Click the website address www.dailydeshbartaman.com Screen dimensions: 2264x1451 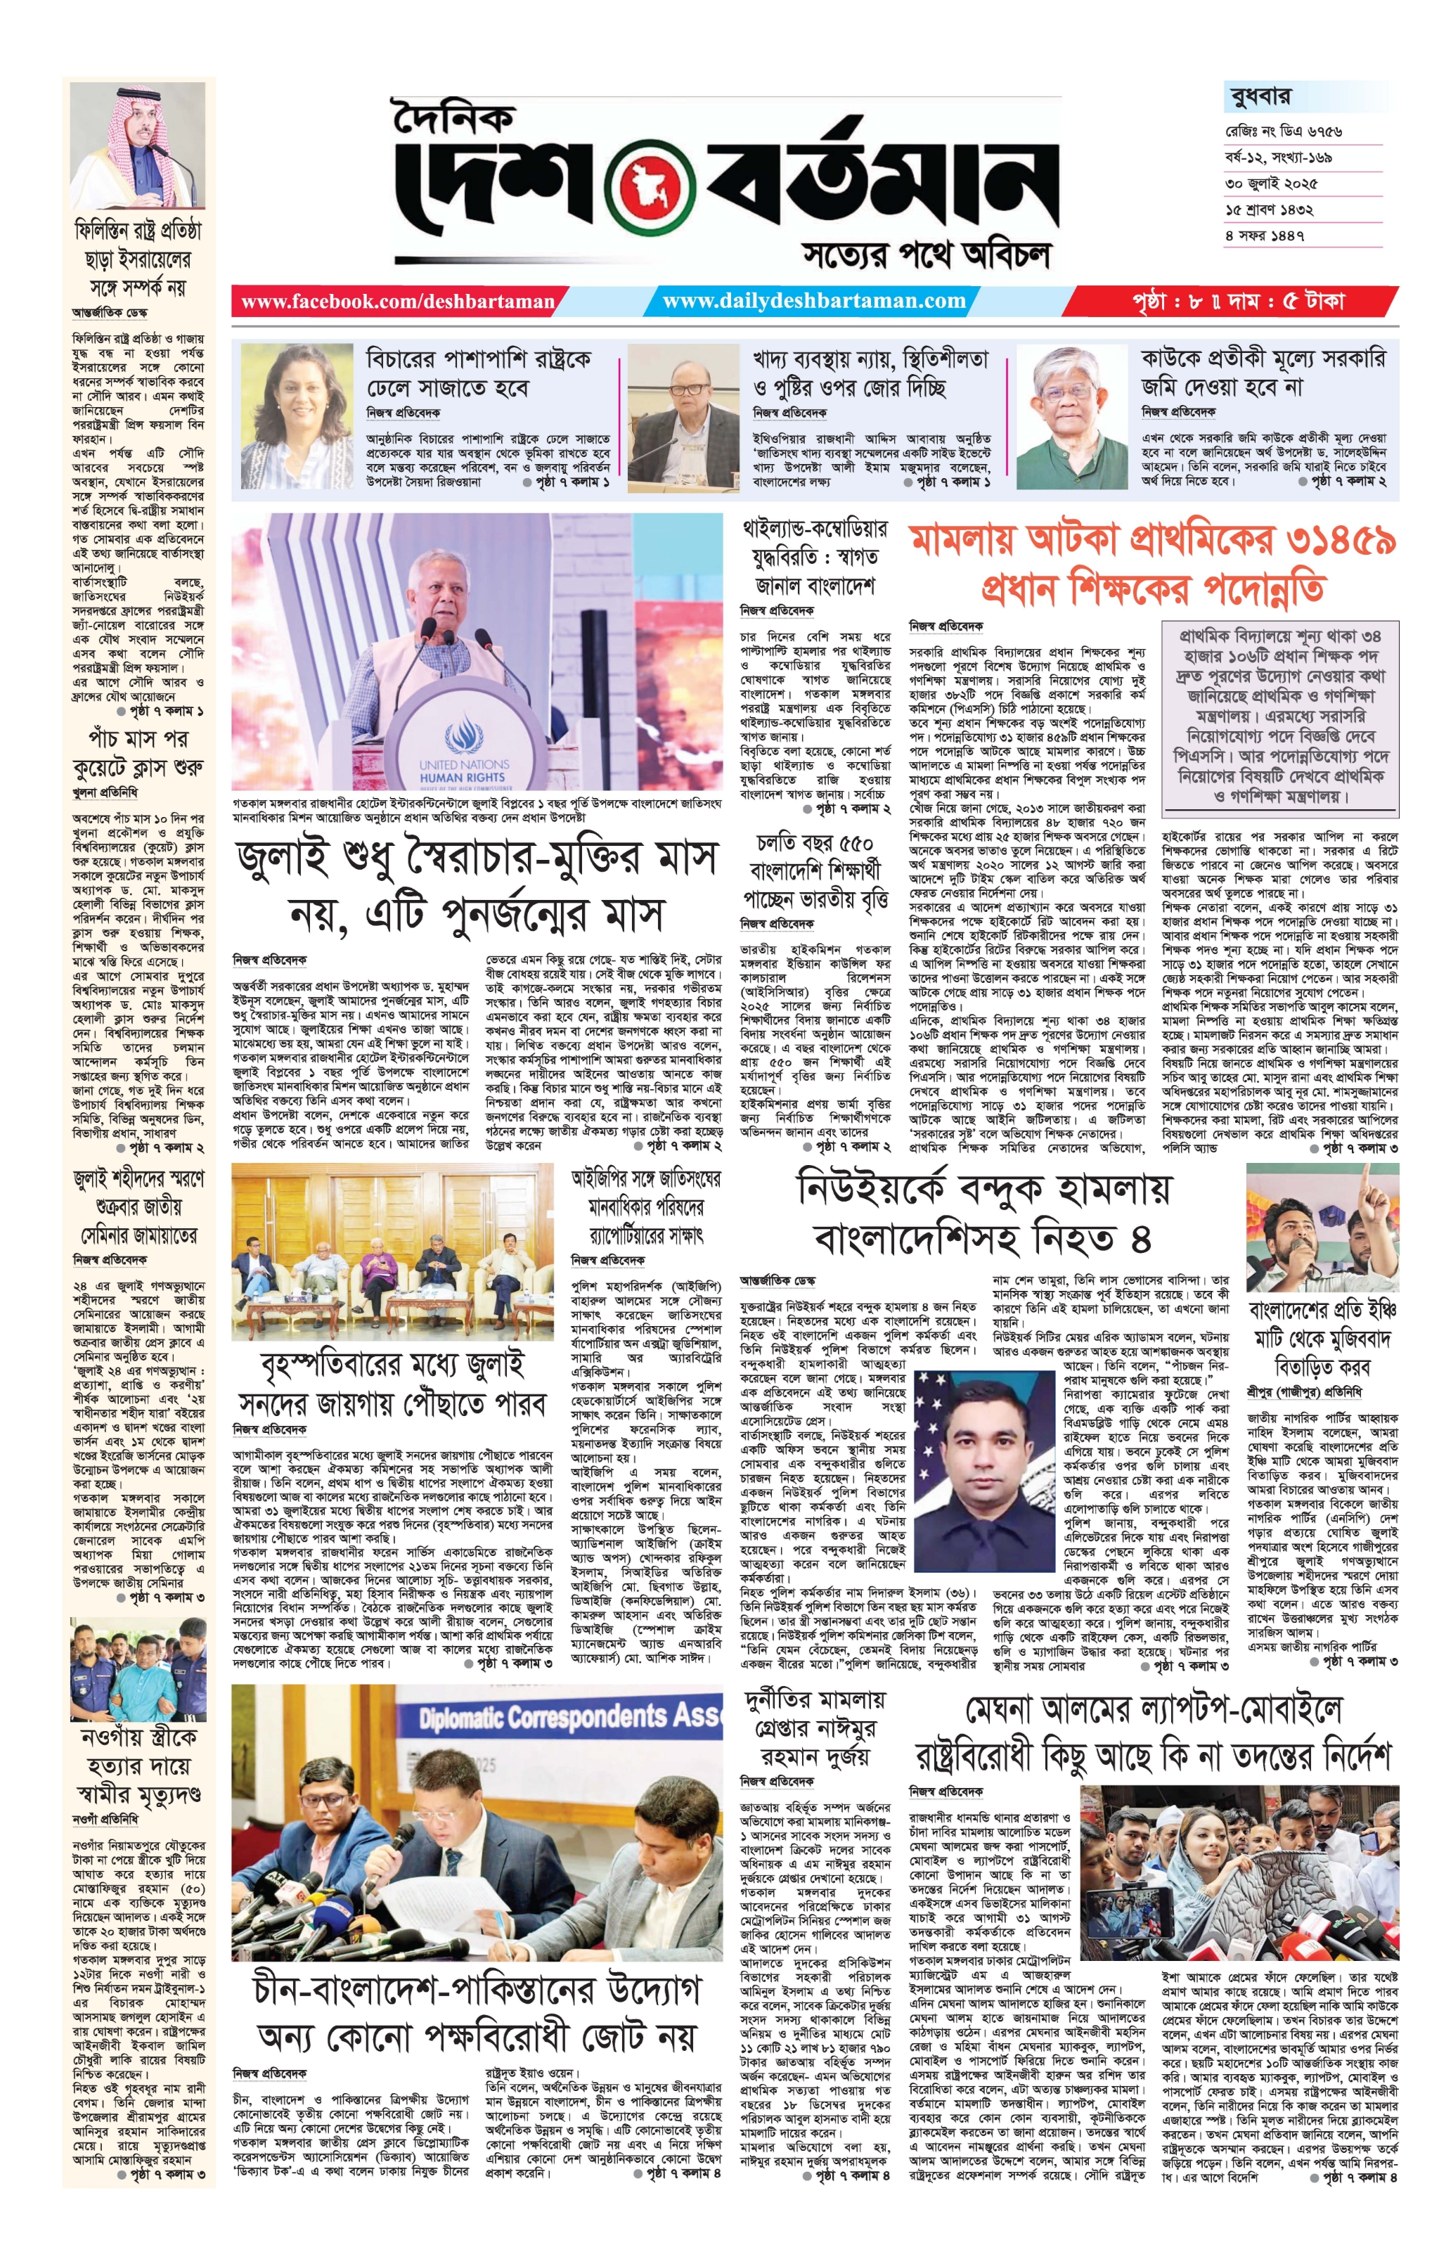click(814, 302)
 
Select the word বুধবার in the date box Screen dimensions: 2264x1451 click(1260, 96)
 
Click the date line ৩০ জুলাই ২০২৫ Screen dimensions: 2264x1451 click(1271, 183)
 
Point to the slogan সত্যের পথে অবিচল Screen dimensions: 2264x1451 click(926, 252)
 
